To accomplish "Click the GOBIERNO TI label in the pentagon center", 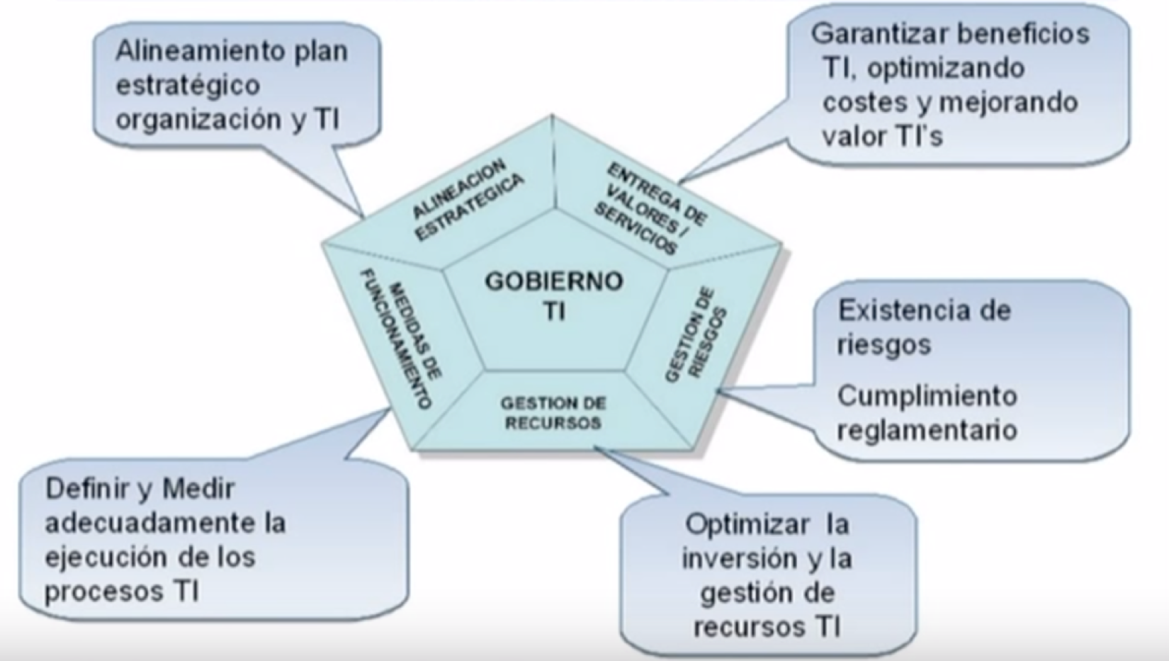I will click(x=553, y=295).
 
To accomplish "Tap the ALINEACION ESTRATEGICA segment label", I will click(x=467, y=200).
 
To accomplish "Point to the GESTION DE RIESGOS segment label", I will click(x=696, y=334).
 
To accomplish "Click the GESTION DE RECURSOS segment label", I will click(x=553, y=413).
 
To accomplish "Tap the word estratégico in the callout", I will click(x=188, y=85).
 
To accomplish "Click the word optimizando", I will click(x=945, y=69).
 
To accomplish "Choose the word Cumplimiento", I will click(x=927, y=395).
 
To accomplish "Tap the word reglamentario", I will click(x=927, y=430).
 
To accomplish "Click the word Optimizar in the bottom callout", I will click(x=747, y=525).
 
